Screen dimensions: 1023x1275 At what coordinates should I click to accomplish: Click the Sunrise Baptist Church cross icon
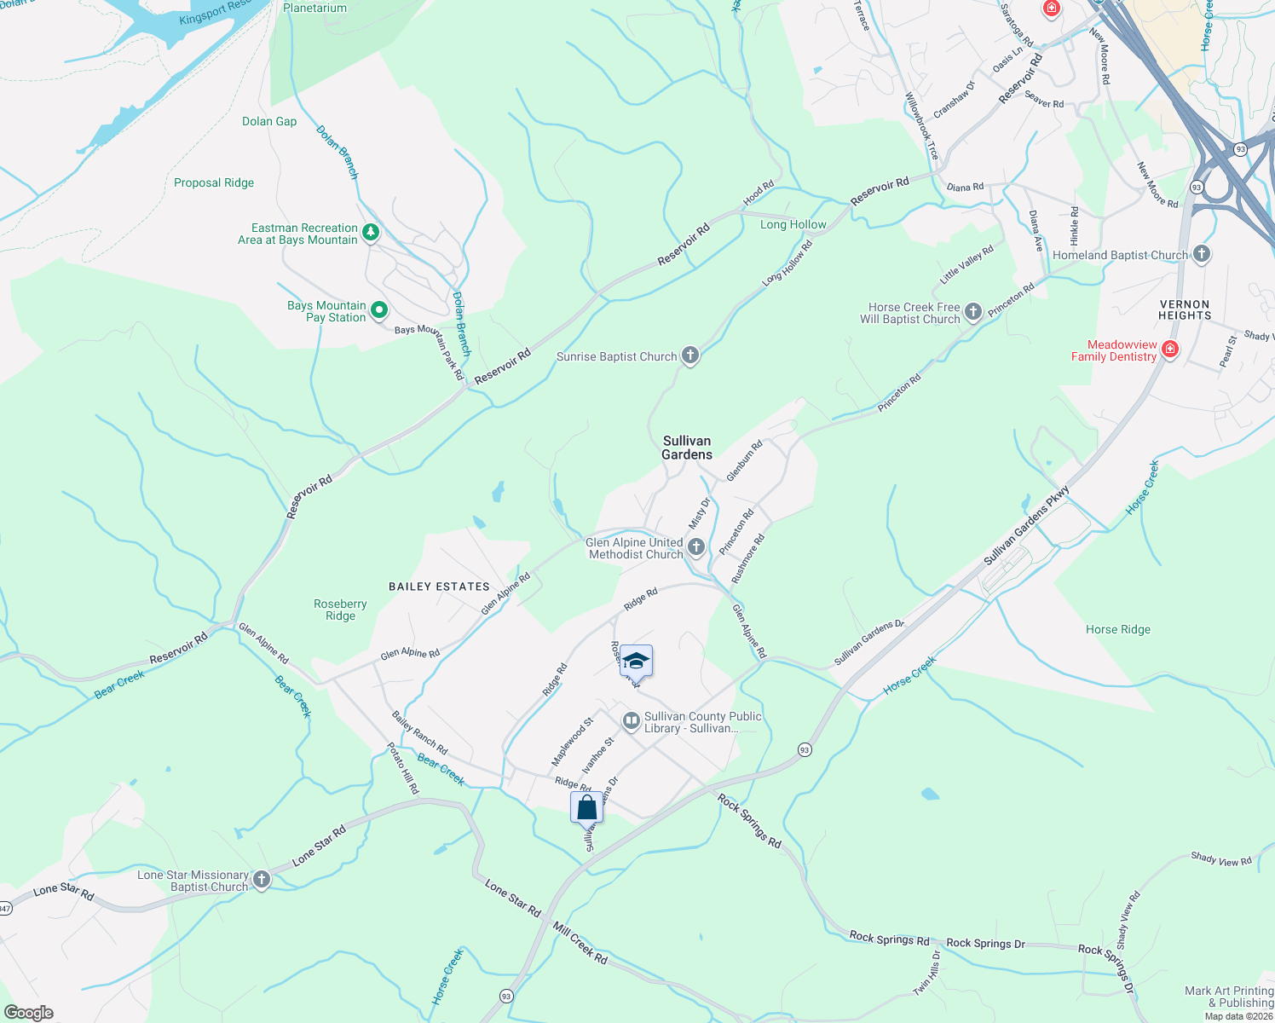coord(690,356)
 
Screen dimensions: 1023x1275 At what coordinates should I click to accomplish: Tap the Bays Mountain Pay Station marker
coord(380,310)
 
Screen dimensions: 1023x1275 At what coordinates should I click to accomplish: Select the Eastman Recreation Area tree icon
coord(370,233)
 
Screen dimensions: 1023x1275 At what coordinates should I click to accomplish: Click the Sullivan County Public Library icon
coord(631,721)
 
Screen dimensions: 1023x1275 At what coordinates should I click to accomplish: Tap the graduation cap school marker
coord(636,661)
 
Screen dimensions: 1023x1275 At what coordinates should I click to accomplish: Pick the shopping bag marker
coord(586,807)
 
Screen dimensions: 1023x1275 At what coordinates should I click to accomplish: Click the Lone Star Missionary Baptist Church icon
coord(262,880)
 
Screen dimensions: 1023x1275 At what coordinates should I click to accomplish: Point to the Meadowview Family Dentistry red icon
coord(1170,350)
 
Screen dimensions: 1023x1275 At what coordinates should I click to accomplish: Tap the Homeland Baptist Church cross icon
coord(1201,254)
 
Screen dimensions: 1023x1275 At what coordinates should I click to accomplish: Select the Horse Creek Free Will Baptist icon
coord(973,313)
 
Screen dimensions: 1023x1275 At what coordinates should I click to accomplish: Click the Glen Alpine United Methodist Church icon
coord(696,547)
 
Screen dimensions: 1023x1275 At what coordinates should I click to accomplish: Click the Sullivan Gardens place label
coord(687,448)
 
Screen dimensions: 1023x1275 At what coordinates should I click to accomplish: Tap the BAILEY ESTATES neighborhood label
coord(439,587)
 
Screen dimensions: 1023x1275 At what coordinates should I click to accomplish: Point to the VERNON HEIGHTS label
coord(1185,309)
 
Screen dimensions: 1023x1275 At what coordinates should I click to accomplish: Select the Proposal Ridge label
coord(214,182)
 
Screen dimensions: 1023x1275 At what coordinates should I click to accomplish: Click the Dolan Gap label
coord(269,121)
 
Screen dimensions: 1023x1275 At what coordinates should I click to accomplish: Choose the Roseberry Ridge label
coord(340,610)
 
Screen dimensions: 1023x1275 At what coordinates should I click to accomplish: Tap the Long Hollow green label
coord(793,224)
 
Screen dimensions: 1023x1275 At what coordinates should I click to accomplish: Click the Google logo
coord(29,1013)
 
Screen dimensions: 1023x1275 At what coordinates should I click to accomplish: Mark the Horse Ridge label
coord(1117,629)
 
